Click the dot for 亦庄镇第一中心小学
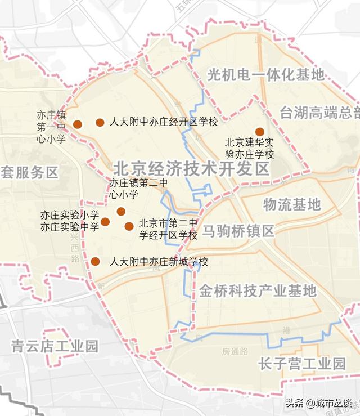click(78, 124)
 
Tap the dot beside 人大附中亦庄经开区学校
click(100, 122)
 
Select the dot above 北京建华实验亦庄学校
click(260, 131)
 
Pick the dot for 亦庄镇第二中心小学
click(121, 212)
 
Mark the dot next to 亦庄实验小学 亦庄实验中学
click(105, 221)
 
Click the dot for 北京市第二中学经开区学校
click(129, 226)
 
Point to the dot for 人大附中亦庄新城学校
click(96, 261)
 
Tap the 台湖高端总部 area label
click(319, 112)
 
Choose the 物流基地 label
click(292, 204)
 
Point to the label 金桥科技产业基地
click(258, 290)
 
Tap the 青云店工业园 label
click(55, 345)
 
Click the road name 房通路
click(235, 351)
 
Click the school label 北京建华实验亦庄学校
click(249, 149)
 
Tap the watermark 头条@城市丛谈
click(318, 403)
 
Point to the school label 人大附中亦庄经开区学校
click(163, 122)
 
